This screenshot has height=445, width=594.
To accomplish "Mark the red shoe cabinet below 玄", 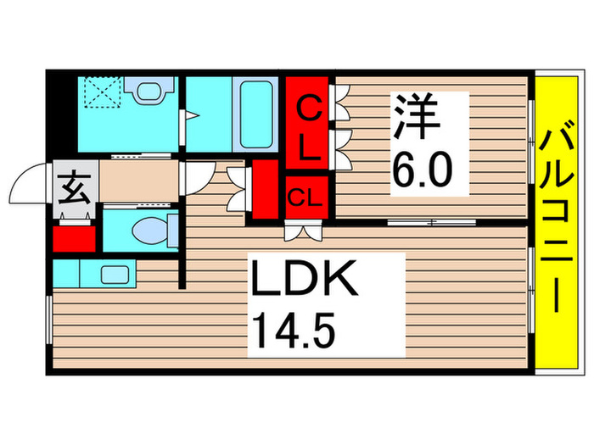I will (74, 238).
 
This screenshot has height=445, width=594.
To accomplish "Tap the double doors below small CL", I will (304, 229).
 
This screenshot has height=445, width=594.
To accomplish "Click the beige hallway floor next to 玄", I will (138, 180).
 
